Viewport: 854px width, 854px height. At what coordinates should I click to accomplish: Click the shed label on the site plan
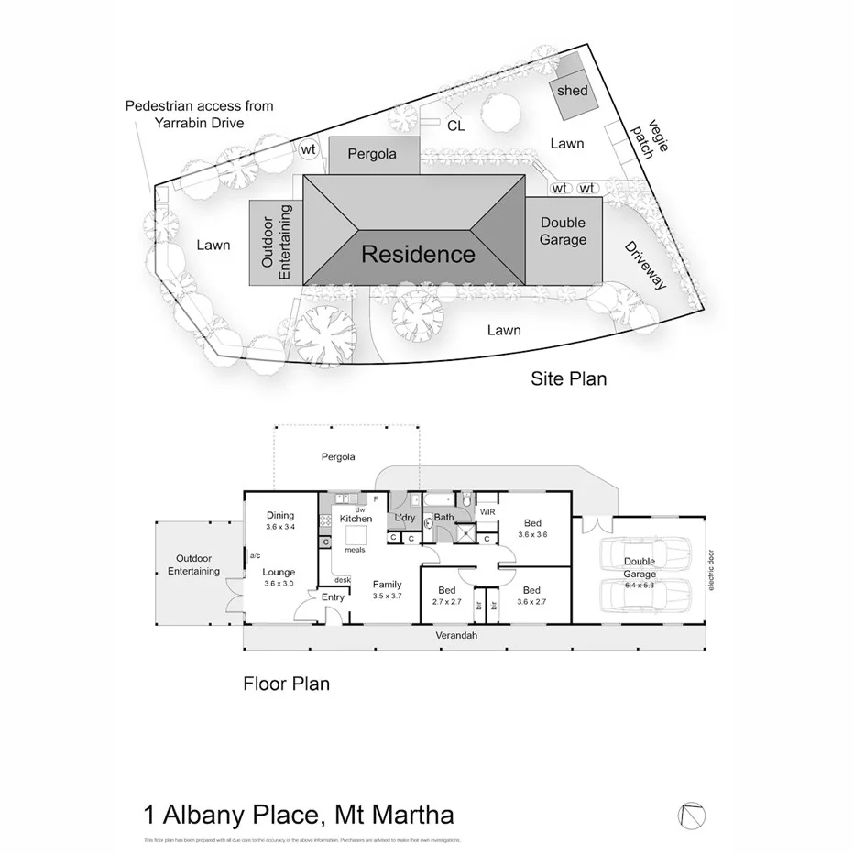tap(572, 91)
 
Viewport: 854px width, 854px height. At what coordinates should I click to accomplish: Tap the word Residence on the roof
tap(418, 254)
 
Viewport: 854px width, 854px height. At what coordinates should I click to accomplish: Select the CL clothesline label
tap(455, 126)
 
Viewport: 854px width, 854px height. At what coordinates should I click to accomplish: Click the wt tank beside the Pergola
tap(310, 149)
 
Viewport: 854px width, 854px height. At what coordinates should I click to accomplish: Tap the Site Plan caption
tap(568, 378)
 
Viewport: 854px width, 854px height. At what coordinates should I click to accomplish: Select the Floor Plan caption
tap(286, 683)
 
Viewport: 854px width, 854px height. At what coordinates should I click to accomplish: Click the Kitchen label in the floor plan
tap(356, 519)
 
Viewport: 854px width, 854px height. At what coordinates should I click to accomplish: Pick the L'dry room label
tap(404, 519)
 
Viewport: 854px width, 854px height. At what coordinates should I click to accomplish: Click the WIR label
tap(487, 511)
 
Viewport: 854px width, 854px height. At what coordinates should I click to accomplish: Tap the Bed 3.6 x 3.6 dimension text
tap(531, 534)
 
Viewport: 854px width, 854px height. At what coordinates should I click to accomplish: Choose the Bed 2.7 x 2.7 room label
tap(446, 602)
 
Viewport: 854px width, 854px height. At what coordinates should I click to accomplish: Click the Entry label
tap(333, 597)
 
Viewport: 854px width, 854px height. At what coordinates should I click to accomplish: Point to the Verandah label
tap(457, 635)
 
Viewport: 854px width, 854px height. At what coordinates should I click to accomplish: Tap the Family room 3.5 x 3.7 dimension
tap(387, 596)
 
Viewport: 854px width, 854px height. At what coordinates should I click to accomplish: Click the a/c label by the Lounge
tap(254, 555)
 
